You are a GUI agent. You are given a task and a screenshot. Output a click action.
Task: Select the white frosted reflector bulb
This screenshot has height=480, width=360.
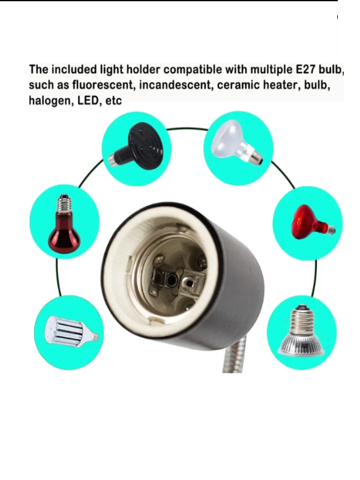[x=235, y=142]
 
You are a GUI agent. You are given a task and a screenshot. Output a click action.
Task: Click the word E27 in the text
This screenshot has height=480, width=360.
[x=305, y=70]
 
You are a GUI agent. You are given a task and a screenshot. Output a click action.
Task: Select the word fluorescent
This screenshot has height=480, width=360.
[x=104, y=85]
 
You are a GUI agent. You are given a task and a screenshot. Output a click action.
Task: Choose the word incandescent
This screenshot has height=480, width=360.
[x=176, y=85]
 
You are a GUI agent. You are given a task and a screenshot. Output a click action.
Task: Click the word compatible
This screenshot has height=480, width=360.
[x=193, y=70]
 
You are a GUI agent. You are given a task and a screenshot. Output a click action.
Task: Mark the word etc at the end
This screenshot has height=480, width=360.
[x=113, y=100]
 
